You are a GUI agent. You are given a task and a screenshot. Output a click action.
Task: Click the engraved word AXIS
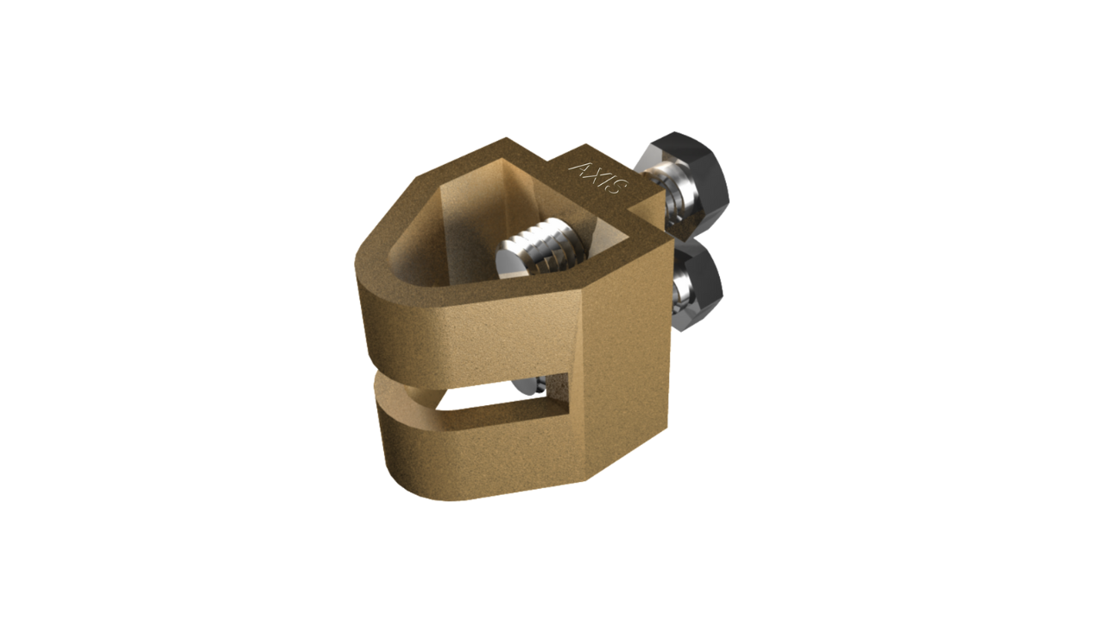click(x=598, y=177)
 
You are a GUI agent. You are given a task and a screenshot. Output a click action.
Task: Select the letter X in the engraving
click(x=593, y=174)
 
